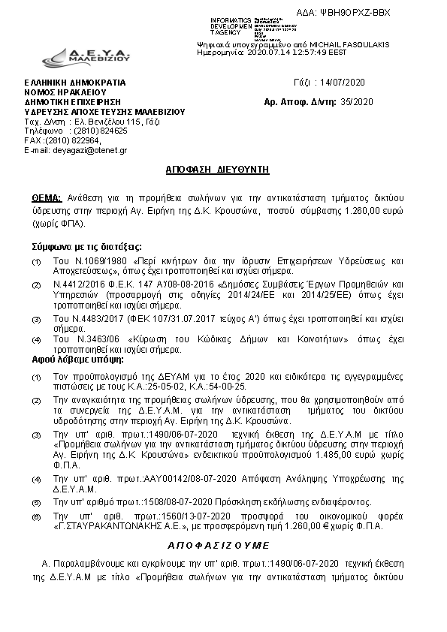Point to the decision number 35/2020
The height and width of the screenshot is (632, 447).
coord(355,101)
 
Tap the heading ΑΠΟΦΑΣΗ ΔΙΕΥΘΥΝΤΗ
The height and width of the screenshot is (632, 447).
coord(217,170)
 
